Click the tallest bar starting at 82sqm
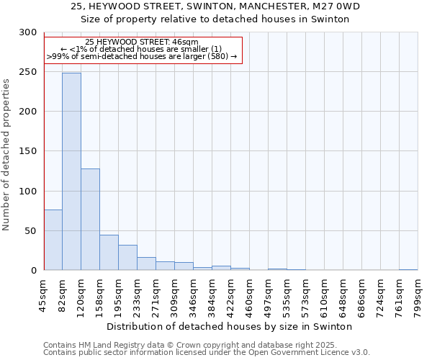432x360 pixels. (x=71, y=171)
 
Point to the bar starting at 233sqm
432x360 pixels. (x=146, y=264)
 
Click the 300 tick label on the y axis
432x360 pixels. (x=28, y=32)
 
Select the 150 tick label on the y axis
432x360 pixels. (x=28, y=151)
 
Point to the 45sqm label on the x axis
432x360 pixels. (x=44, y=296)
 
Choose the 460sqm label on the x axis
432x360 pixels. (x=249, y=296)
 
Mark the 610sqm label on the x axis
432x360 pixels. (x=324, y=296)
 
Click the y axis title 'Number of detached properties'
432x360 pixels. (x=6, y=155)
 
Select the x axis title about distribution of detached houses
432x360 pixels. (x=234, y=326)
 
